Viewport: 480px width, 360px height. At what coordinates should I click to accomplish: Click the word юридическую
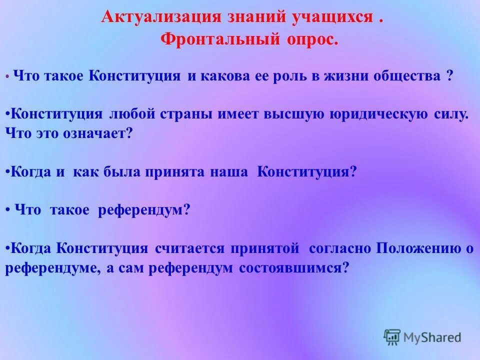[378, 114]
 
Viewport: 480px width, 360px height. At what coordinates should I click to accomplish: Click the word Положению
[418, 248]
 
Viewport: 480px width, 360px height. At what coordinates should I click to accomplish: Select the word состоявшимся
[293, 268]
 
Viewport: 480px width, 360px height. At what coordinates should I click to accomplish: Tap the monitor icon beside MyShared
[392, 336]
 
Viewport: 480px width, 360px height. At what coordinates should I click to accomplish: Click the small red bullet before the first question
[7, 77]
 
